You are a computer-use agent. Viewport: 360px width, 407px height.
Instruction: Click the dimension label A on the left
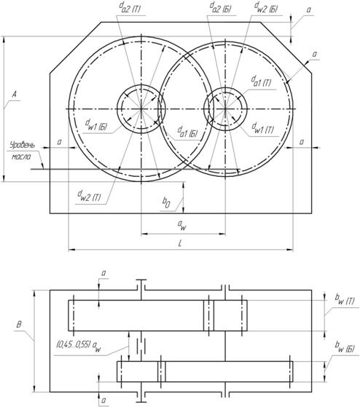pyautogui.click(x=15, y=94)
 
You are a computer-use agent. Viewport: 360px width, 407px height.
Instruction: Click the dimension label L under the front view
pyautogui.click(x=180, y=243)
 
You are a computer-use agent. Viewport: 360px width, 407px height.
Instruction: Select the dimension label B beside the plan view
pyautogui.click(x=19, y=325)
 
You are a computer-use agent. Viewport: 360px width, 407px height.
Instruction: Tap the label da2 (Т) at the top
pyautogui.click(x=130, y=9)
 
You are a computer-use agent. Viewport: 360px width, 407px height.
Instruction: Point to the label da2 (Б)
pyautogui.click(x=221, y=8)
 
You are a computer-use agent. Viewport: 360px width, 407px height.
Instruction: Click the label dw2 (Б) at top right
pyautogui.click(x=266, y=7)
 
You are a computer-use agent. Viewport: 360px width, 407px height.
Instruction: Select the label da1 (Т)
pyautogui.click(x=261, y=82)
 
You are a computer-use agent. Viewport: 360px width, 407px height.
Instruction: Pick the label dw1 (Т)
pyautogui.click(x=262, y=128)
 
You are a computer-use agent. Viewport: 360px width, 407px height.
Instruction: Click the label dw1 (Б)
pyautogui.click(x=96, y=125)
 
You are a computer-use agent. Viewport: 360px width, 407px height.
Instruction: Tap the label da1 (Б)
pyautogui.click(x=187, y=132)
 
